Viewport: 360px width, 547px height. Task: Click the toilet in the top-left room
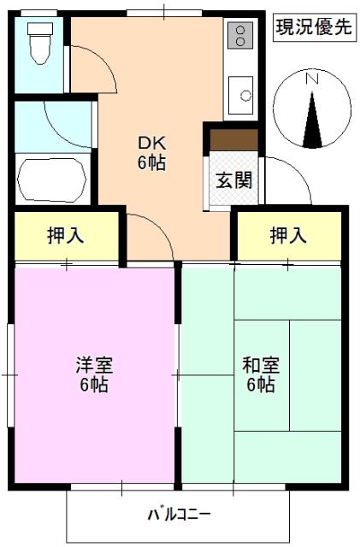(39, 42)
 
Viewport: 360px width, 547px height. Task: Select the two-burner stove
(239, 36)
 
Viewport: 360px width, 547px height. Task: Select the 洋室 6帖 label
(93, 374)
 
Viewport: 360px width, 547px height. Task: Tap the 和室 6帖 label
(259, 374)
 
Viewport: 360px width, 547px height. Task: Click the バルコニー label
(179, 515)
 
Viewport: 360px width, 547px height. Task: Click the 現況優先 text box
(313, 26)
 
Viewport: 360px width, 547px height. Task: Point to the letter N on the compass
(312, 79)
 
